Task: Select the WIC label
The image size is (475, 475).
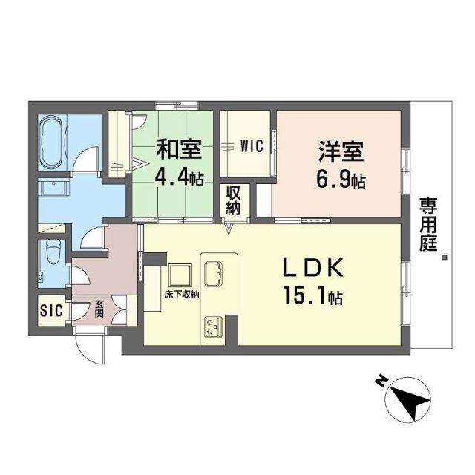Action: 252,146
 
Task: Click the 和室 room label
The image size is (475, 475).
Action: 178,150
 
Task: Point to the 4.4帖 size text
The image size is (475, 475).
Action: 178,179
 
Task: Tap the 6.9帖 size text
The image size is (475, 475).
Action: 341,180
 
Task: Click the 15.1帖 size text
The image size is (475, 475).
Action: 312,298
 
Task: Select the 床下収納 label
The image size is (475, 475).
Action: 182,295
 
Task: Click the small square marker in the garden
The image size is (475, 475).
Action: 444,258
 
